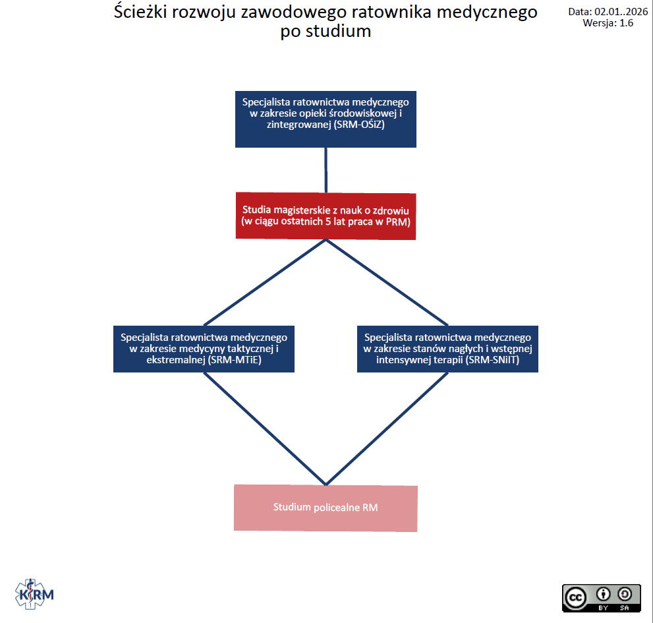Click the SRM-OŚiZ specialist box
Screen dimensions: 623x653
tap(326, 119)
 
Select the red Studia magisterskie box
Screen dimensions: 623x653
tap(326, 216)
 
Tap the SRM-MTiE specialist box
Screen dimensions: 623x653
tap(204, 348)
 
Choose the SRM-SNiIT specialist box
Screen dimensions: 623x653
tap(447, 348)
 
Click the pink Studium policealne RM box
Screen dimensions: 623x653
tap(326, 508)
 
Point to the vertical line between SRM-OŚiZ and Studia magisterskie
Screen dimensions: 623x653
tap(326, 169)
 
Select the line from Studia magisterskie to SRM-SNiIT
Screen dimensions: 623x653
tap(387, 282)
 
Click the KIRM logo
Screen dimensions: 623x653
tap(34, 595)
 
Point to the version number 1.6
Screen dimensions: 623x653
tap(626, 22)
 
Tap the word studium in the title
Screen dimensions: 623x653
tap(340, 31)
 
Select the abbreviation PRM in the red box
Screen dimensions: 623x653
tap(399, 222)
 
